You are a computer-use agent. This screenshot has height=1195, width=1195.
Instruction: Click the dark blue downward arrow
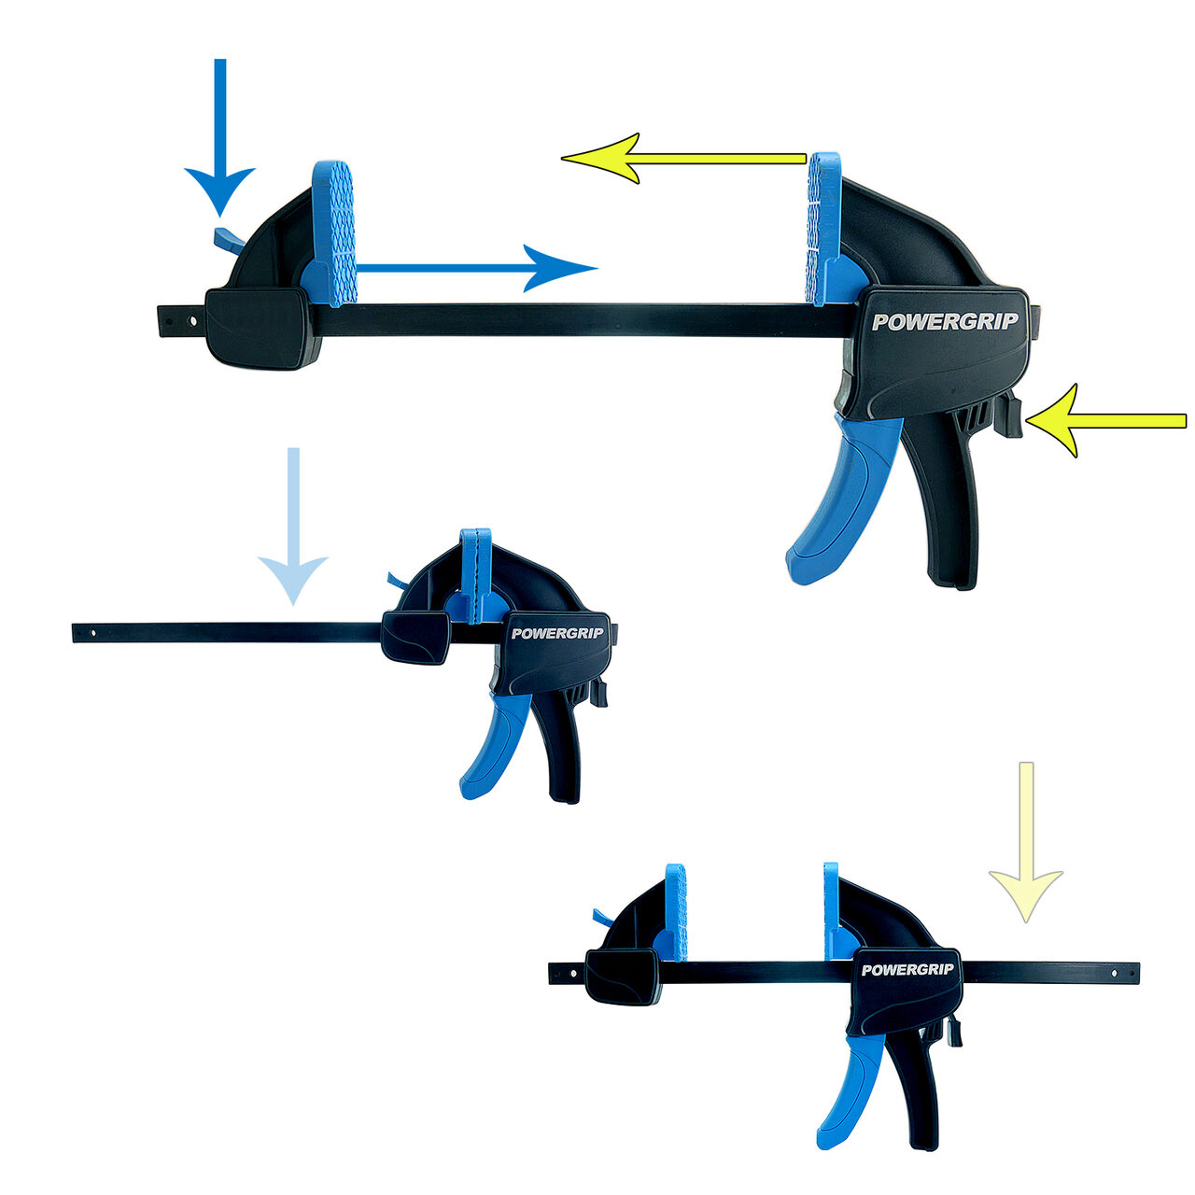click(x=220, y=136)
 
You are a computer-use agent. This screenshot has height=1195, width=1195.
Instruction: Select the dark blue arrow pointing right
click(x=476, y=269)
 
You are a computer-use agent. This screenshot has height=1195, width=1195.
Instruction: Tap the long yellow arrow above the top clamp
click(x=683, y=158)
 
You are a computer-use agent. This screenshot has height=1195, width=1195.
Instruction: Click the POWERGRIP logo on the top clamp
click(x=945, y=321)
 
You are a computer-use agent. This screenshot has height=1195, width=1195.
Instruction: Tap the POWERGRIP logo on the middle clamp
click(x=556, y=633)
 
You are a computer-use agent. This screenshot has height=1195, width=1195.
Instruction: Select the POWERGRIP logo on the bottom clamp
click(x=907, y=970)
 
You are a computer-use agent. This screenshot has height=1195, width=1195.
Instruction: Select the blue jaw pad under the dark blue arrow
click(x=334, y=233)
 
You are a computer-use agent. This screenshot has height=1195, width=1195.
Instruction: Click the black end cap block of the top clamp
click(x=262, y=328)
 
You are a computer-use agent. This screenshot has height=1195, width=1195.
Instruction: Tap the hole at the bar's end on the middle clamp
click(x=93, y=634)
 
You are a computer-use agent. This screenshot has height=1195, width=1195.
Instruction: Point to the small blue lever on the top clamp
click(x=228, y=239)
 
